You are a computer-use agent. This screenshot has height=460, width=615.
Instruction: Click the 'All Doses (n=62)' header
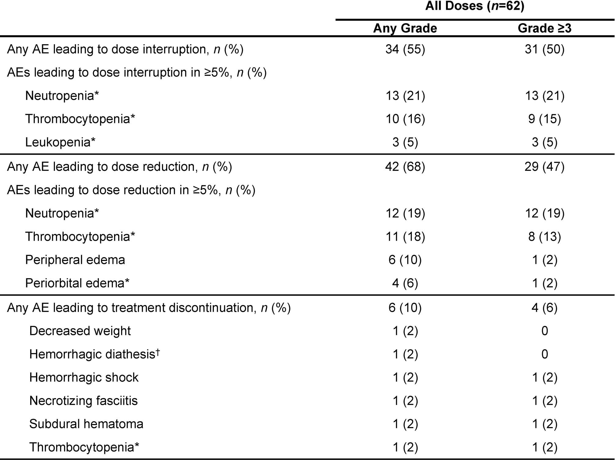point(475,6)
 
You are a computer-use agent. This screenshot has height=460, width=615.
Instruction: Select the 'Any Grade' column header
point(405,28)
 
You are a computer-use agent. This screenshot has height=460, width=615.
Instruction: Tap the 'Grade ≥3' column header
point(545,28)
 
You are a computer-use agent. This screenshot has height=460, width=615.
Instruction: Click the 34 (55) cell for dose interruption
point(405,49)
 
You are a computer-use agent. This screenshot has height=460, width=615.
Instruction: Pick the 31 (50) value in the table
point(545,49)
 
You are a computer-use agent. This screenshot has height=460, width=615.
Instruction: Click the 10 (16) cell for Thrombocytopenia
point(405,119)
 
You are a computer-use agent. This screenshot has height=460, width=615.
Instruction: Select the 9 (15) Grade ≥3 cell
point(545,119)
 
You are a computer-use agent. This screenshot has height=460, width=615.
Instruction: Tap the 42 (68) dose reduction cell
point(405,167)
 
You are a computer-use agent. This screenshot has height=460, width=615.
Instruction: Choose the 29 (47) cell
point(545,167)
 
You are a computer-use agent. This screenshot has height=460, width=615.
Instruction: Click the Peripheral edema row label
point(75,260)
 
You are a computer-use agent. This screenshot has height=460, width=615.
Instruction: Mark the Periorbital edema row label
point(77,283)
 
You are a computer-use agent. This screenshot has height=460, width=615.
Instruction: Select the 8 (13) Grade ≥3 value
point(545,237)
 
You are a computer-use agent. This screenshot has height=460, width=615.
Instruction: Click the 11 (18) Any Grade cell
point(405,237)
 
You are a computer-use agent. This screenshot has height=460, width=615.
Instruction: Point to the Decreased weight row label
point(80,331)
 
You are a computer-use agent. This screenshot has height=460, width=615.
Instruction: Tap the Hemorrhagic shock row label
point(84,378)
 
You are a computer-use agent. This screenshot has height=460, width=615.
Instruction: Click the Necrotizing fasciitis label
point(83,401)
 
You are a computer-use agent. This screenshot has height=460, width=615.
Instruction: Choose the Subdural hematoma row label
point(86,424)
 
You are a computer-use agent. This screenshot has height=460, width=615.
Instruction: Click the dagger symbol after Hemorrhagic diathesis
point(158,351)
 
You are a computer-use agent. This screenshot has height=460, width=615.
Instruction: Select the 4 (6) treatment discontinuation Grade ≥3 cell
point(545,308)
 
